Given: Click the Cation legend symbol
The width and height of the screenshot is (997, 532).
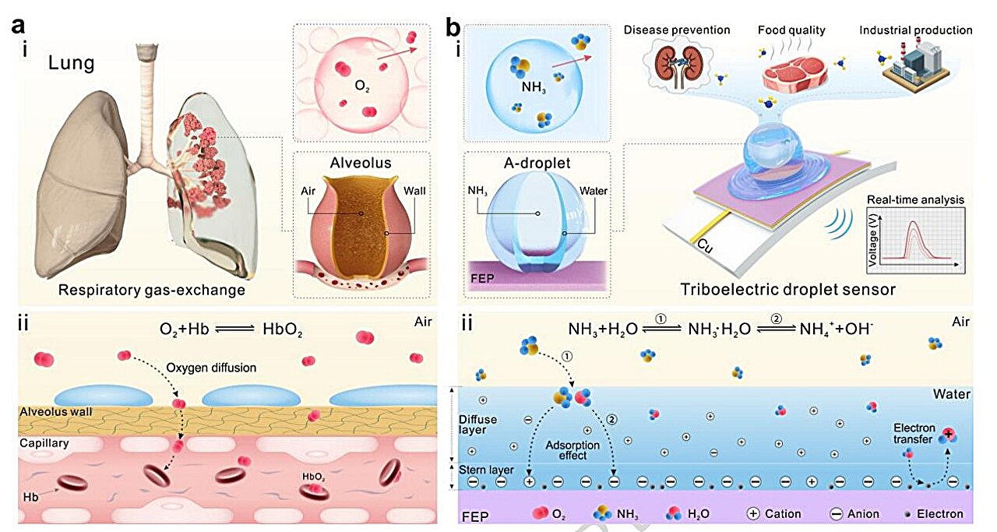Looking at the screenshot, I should (x=752, y=514).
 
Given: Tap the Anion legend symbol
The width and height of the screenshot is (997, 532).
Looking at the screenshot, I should (x=835, y=514).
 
